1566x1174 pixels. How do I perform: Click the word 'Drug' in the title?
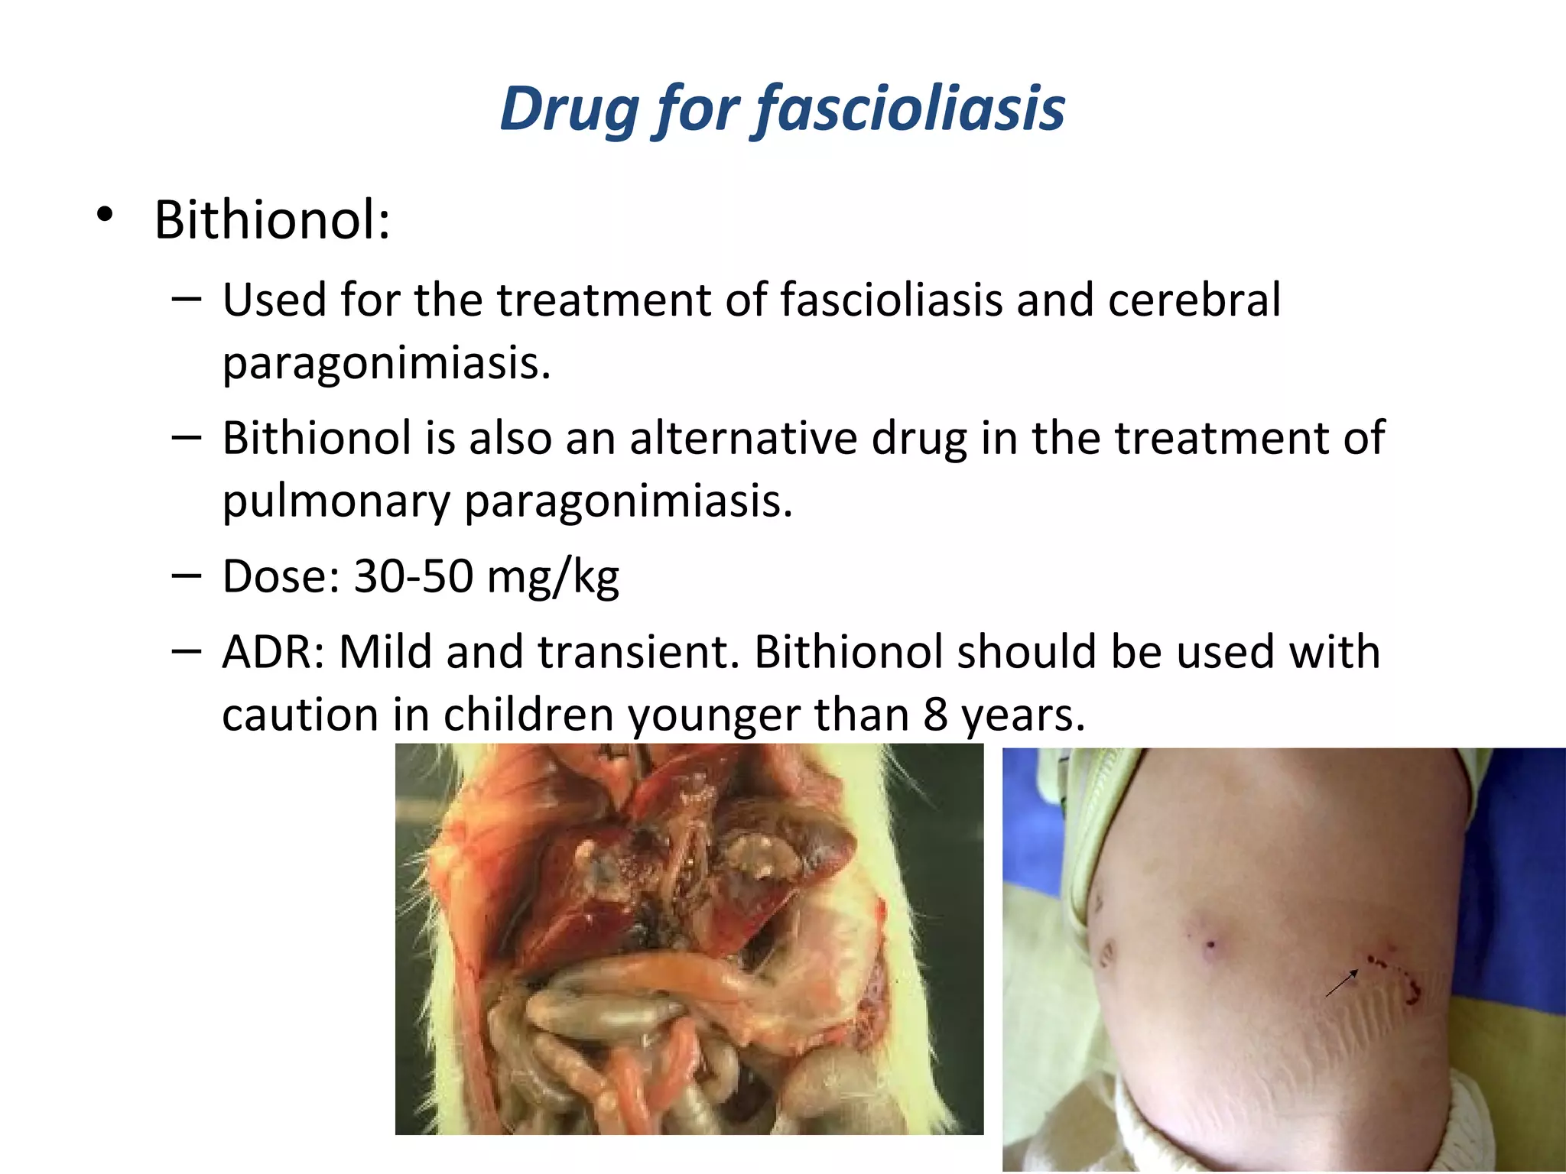pos(568,109)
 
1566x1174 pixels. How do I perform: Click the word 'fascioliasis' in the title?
pos(911,109)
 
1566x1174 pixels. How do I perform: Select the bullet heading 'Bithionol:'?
pos(272,220)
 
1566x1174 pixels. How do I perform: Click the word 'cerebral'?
pos(1194,300)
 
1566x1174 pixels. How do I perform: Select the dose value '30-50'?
pos(413,576)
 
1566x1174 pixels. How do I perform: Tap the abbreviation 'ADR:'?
pos(273,653)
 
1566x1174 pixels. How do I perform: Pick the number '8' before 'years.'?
pos(935,715)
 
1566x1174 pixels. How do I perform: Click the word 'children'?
pos(528,715)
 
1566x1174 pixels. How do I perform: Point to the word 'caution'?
pos(300,715)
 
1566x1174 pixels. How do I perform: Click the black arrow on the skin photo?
pos(1341,983)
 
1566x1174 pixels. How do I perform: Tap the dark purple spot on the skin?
pos(1210,945)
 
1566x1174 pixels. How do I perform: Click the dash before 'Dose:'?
pos(187,575)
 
